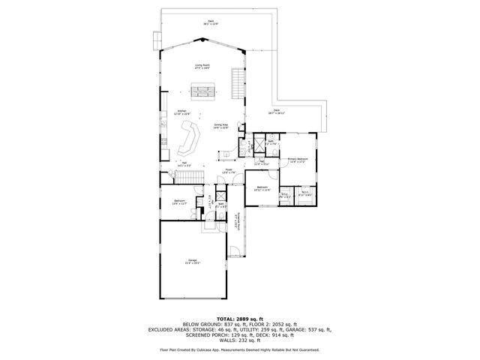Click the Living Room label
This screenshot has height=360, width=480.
point(202,66)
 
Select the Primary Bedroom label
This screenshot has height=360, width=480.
point(298,160)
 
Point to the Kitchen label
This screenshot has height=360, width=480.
point(181,112)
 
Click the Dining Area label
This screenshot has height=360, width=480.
point(221,127)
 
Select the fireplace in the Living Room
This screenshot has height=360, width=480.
point(202,92)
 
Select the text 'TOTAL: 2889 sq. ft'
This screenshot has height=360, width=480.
point(239,319)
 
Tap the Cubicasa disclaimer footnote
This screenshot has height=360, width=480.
point(239,349)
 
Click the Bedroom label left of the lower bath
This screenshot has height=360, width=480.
point(180,201)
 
